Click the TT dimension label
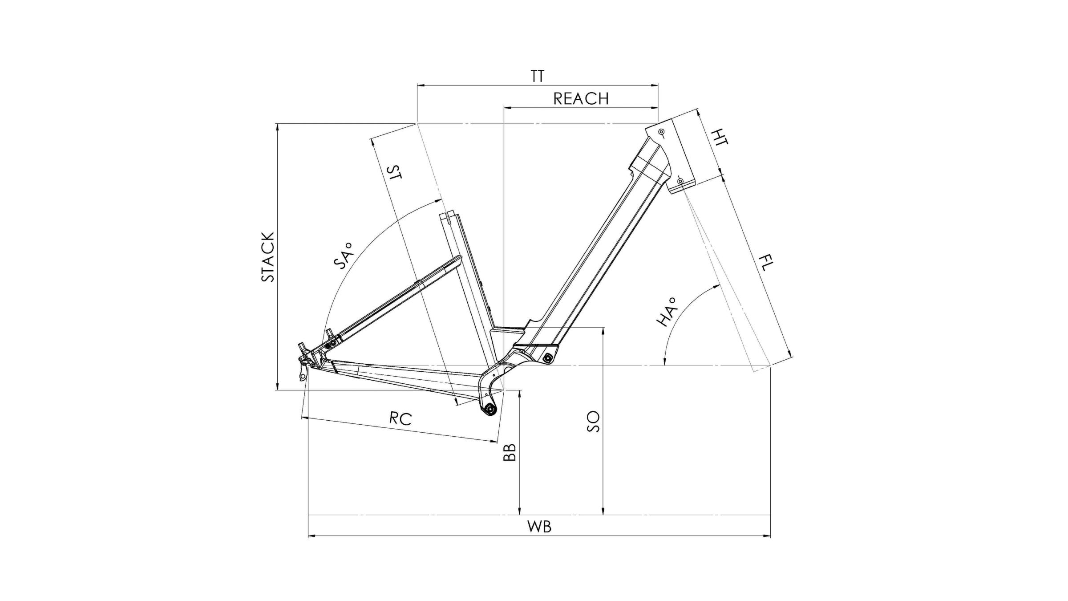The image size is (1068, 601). coord(537,76)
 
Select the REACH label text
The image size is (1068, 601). coord(581,99)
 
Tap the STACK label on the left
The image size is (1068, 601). coord(268,257)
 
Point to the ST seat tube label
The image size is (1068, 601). coord(394,172)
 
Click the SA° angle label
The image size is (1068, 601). coord(343,256)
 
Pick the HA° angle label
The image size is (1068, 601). coord(667,312)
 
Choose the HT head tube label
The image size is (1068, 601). coord(719,137)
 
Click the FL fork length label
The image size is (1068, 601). coord(766,263)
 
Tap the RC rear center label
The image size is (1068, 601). coord(400,418)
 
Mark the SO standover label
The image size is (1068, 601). coord(593,422)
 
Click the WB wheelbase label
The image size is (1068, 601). coord(539,527)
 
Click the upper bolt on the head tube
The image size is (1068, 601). coord(662,132)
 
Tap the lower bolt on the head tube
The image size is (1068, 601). coord(680,181)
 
